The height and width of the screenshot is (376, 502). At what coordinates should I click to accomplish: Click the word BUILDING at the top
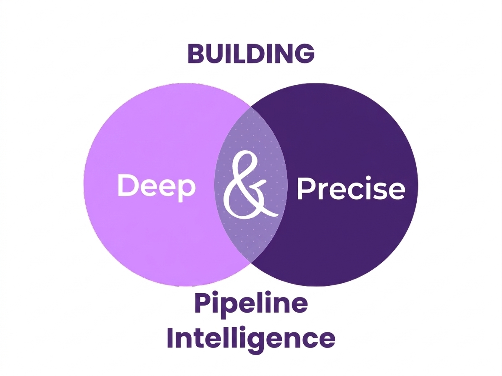point(251,54)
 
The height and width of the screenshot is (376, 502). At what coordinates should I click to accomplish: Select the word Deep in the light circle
point(156,186)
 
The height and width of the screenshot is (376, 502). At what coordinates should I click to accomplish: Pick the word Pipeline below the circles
point(251,304)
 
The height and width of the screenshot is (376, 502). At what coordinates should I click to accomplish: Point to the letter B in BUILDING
point(196,54)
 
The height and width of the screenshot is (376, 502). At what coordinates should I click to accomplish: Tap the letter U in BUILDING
point(214,54)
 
